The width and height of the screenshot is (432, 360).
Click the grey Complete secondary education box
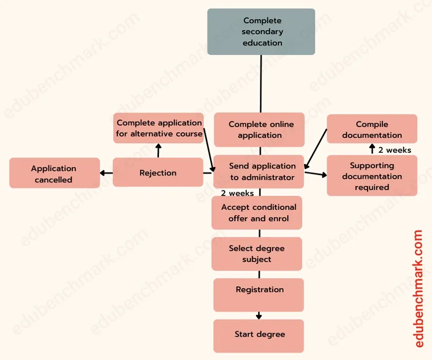261,32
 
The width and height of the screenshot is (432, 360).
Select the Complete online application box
259,130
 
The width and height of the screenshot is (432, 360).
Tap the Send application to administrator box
259,172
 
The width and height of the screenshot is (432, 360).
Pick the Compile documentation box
372,130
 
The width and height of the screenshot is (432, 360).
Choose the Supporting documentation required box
372,176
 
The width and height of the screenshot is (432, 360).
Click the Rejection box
158,172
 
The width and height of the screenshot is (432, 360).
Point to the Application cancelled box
54,173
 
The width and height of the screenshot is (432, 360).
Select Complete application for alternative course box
159,128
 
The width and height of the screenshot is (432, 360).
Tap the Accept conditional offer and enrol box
257,213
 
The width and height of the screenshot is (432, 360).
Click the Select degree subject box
257,254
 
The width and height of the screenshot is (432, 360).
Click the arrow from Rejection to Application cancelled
106,173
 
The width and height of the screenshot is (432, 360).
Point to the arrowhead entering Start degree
259,317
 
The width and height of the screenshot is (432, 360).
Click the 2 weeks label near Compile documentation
395,150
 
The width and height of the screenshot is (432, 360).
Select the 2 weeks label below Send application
237,193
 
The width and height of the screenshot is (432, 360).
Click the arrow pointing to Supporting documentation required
315,173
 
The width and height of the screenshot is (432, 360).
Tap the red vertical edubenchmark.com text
419,288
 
